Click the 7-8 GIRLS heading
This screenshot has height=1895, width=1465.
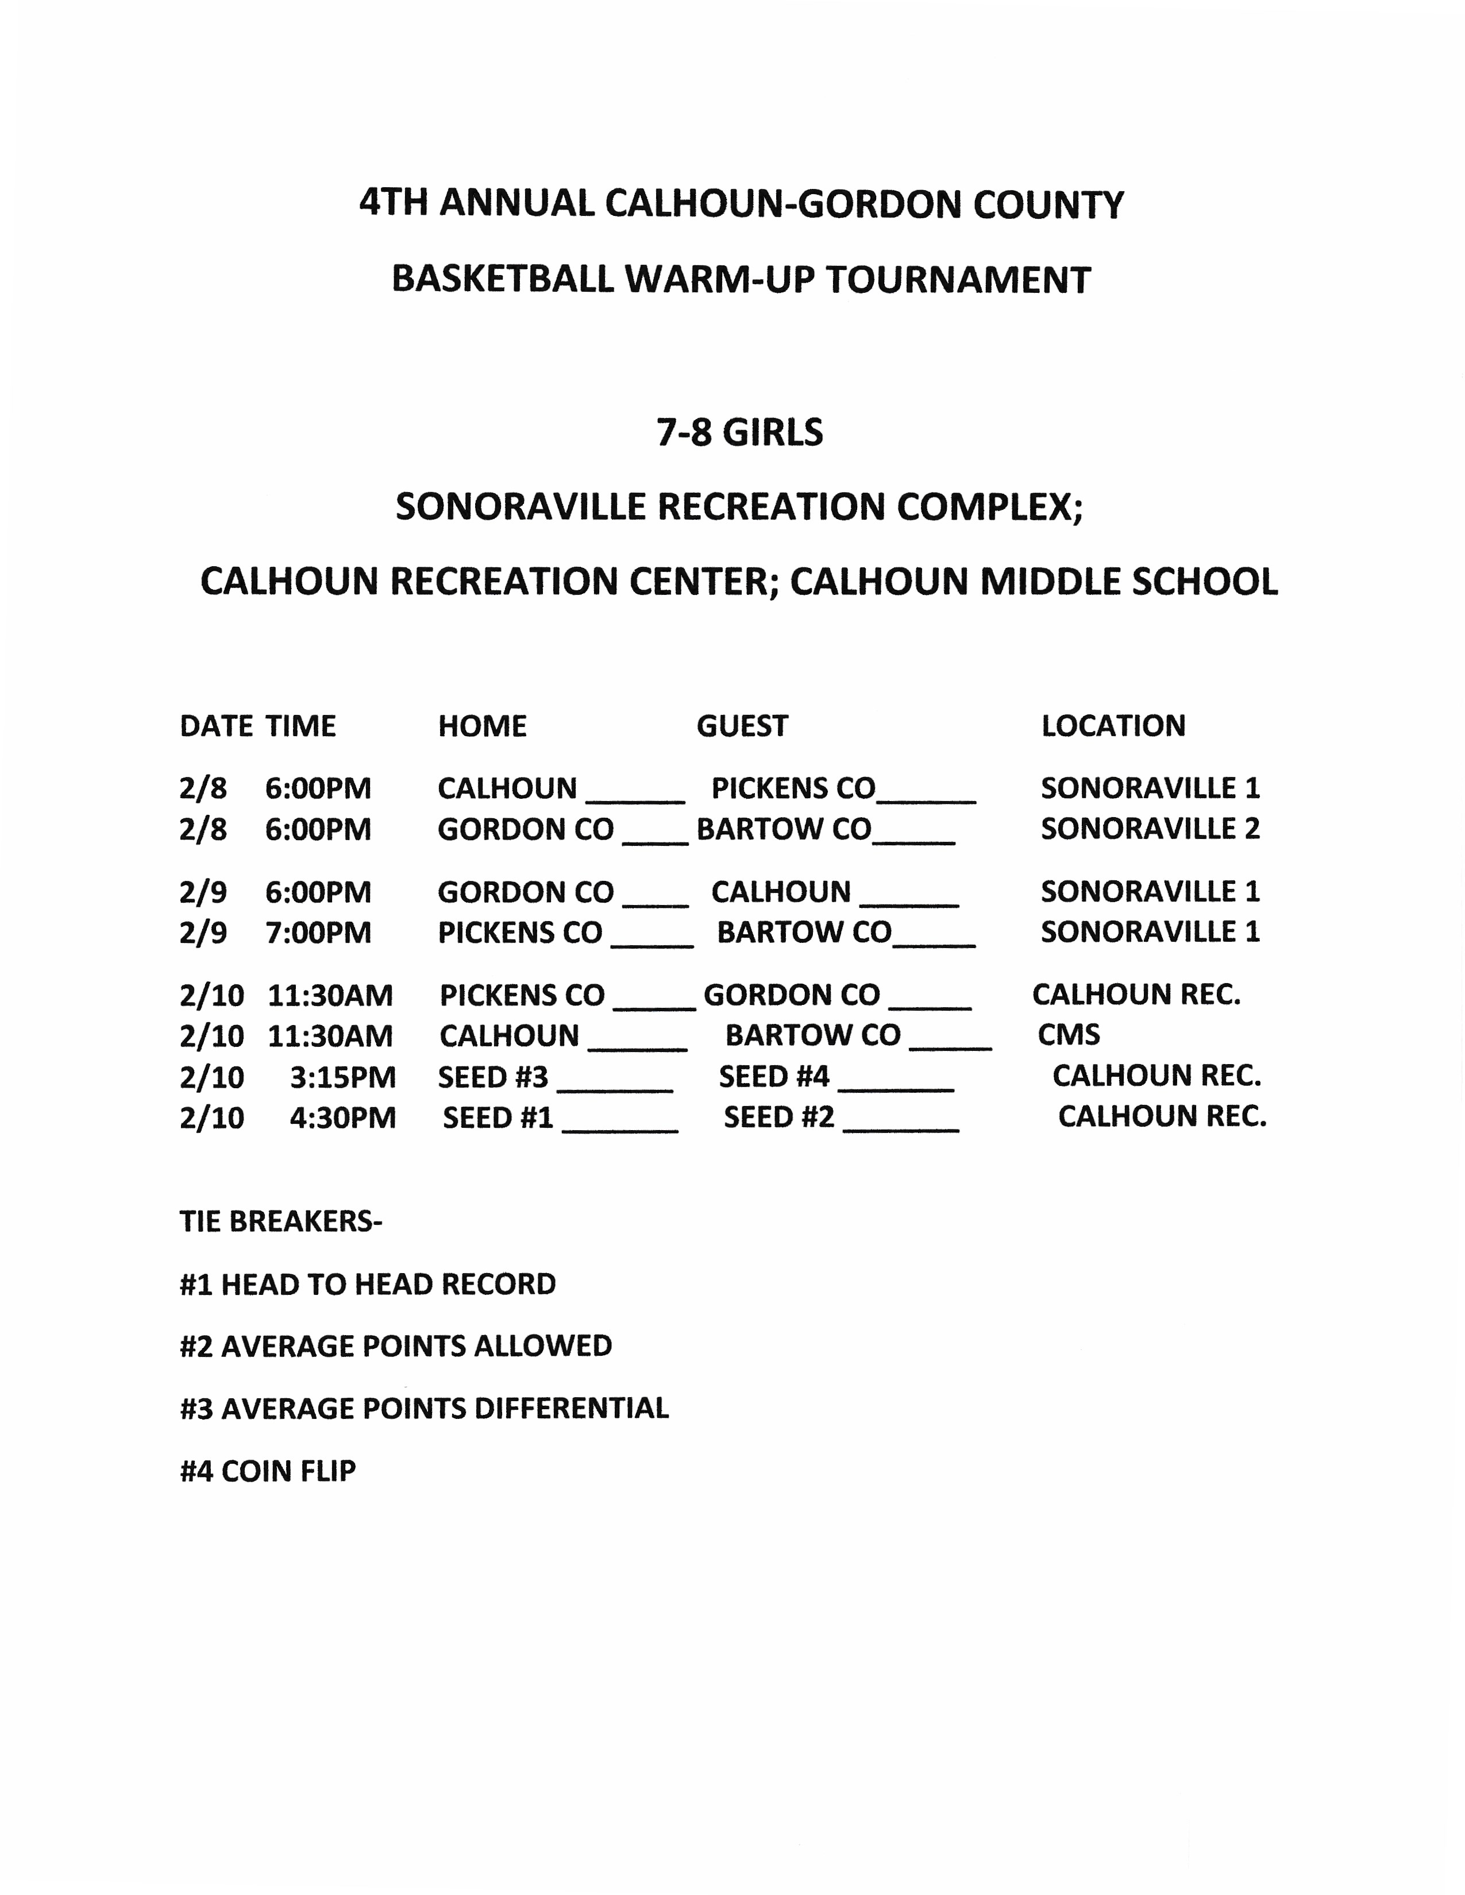pos(739,432)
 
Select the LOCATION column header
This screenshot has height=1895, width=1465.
pos(1113,725)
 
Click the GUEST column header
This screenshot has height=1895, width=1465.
pos(742,725)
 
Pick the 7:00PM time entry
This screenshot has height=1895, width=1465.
pos(318,933)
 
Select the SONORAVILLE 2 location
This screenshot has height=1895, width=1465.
pos(1150,829)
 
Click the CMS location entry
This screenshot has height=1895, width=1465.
pos(1069,1034)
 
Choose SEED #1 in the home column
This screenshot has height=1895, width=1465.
pos(498,1117)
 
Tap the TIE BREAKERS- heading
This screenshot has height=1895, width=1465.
pos(280,1221)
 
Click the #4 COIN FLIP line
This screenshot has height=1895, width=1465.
pos(267,1472)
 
